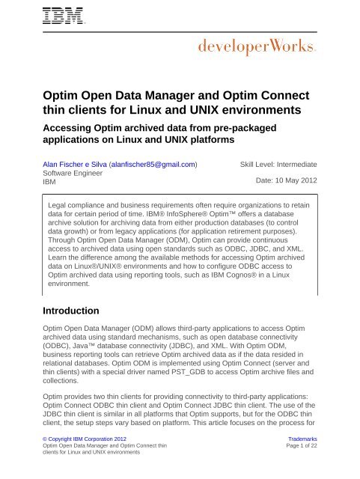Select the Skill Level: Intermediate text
278,163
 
